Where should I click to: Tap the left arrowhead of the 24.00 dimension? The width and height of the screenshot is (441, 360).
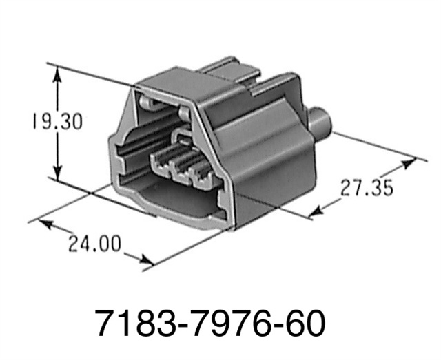coord(43,222)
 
